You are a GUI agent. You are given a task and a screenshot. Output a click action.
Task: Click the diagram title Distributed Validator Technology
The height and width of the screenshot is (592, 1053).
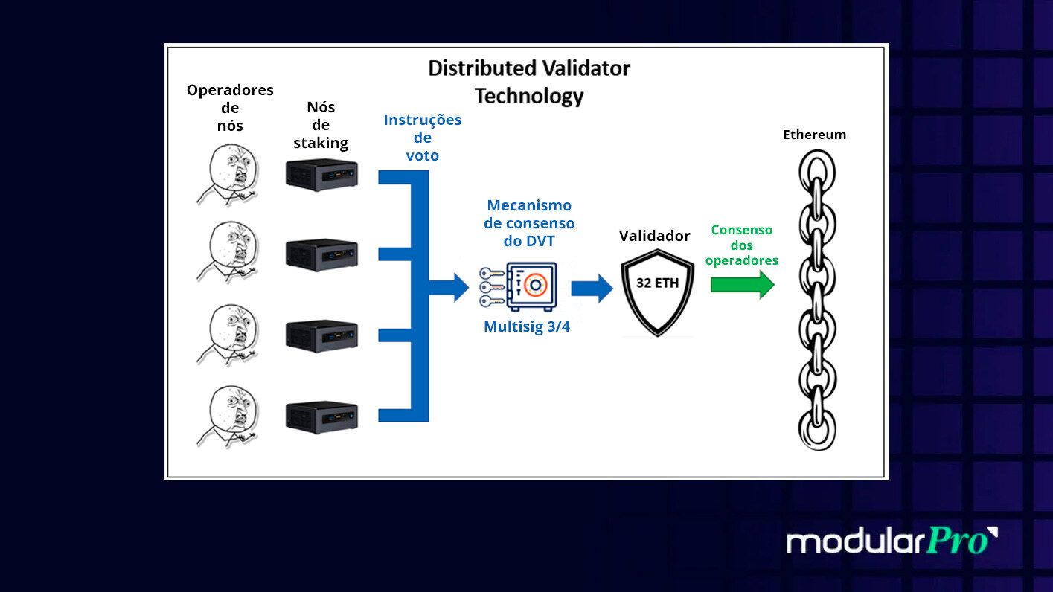click(529, 82)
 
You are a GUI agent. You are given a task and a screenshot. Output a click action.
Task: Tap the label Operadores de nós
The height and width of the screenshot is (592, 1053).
click(230, 108)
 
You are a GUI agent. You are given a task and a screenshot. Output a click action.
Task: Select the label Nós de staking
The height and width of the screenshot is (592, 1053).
click(321, 125)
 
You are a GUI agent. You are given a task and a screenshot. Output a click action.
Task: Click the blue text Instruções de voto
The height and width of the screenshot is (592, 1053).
click(422, 138)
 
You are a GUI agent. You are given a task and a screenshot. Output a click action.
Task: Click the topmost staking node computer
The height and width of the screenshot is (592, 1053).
click(321, 176)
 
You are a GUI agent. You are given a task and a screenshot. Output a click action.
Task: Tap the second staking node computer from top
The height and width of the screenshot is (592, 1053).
click(321, 254)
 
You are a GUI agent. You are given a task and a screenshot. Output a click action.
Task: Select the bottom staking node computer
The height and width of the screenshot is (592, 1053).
click(321, 416)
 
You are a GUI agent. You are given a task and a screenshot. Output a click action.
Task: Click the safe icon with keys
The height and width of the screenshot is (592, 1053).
click(519, 286)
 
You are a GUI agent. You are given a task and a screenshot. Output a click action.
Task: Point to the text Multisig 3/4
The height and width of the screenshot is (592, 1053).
click(527, 326)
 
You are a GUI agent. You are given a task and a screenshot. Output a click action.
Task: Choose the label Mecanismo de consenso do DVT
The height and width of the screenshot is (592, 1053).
click(529, 222)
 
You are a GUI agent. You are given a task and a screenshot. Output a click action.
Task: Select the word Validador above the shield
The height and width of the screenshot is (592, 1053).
click(655, 236)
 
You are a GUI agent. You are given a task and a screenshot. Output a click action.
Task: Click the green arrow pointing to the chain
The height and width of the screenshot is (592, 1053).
click(742, 285)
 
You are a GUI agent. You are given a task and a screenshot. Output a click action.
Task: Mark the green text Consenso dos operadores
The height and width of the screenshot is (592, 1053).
click(741, 245)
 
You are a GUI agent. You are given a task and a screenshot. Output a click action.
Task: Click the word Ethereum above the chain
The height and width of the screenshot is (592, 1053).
click(814, 135)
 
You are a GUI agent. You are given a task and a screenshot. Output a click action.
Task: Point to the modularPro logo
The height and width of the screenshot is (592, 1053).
click(892, 541)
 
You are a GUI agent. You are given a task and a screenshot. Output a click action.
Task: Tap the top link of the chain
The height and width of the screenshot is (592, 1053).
click(816, 170)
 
